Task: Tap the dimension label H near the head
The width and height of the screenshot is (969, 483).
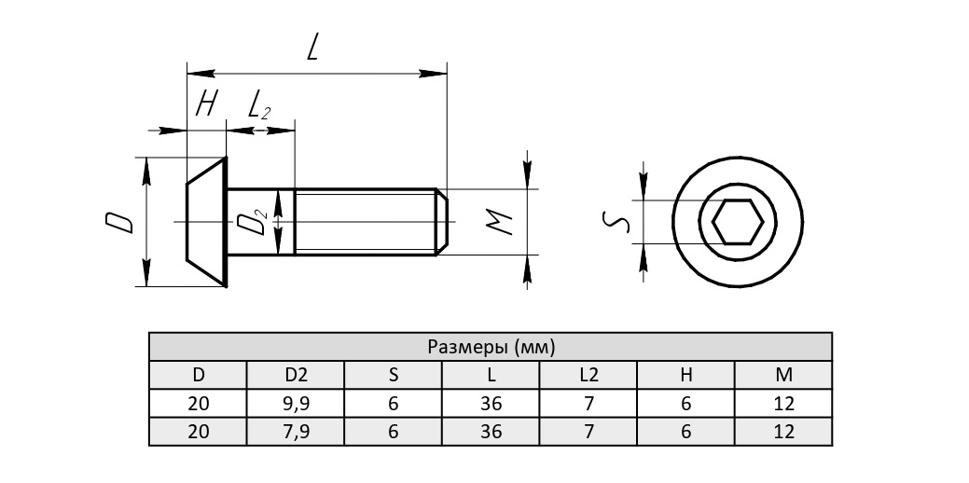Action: pos(206,103)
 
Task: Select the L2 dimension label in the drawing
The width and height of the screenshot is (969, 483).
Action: pos(259,105)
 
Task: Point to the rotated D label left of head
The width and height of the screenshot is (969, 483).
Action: pos(118,222)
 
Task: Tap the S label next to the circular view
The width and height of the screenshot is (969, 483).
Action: pos(616,222)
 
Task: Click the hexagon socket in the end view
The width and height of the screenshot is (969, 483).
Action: pos(738,222)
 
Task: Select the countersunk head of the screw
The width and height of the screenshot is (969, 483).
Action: pos(207,222)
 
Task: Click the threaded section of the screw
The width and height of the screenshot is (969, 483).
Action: pos(366,222)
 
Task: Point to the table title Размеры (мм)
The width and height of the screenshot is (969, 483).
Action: pos(491,348)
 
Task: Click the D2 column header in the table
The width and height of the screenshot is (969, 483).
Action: pos(296,375)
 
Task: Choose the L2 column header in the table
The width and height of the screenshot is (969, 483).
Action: pos(588,375)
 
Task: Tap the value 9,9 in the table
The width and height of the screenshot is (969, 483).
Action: pos(296,404)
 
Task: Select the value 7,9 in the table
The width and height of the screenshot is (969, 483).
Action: pos(296,432)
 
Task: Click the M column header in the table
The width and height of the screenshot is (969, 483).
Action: pos(783,375)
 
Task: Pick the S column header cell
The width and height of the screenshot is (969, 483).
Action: pos(394,375)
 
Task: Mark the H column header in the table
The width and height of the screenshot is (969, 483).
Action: pos(686,375)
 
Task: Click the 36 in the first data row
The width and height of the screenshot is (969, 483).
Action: pos(491,404)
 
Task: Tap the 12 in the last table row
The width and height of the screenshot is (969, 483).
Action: pos(783,432)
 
